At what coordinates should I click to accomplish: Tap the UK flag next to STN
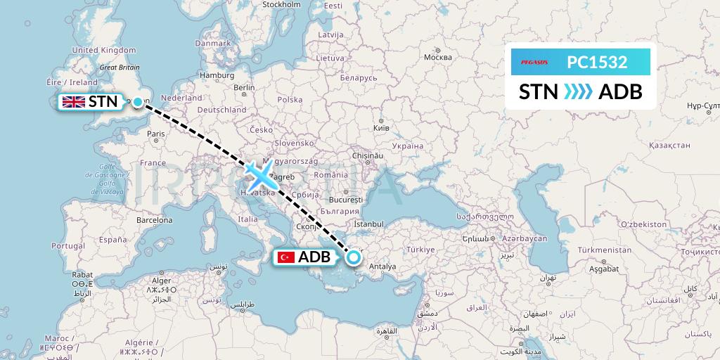pos(74,102)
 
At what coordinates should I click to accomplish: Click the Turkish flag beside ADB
pos(285,257)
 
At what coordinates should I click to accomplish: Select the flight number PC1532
pos(597,62)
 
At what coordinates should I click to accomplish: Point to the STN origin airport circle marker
pos(138,102)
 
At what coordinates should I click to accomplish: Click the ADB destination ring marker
pos(353,257)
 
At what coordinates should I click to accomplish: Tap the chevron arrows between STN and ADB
pos(578,91)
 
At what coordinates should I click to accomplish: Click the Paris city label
pos(156,133)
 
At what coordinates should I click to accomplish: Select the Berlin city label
pos(245,87)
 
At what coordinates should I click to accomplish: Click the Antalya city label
pos(384,266)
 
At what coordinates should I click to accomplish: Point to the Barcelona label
pos(154,219)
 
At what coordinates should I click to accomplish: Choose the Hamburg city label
pos(217,75)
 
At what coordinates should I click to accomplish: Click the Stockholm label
pos(281,4)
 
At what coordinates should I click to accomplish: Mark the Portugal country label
pos(68,245)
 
